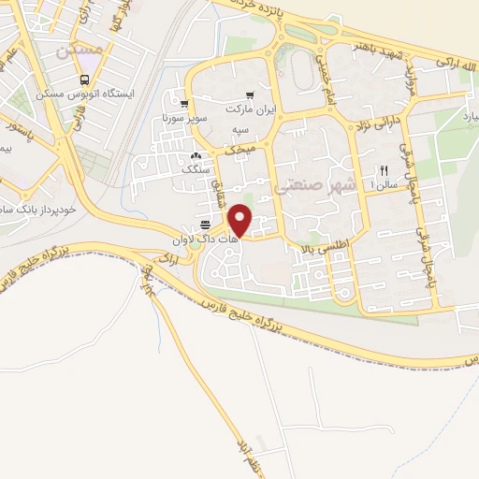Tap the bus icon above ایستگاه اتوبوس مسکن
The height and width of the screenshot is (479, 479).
coord(85,80)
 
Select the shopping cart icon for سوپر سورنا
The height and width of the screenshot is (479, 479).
coord(185,104)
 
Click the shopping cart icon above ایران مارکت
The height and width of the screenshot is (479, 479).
coord(250,96)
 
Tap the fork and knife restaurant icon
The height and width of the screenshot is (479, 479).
coord(385,170)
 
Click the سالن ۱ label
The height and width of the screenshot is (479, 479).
coord(384,184)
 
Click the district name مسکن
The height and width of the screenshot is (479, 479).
coord(78,54)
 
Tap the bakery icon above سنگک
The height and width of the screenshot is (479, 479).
coord(196,155)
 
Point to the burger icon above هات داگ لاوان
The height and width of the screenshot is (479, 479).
coord(205,225)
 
